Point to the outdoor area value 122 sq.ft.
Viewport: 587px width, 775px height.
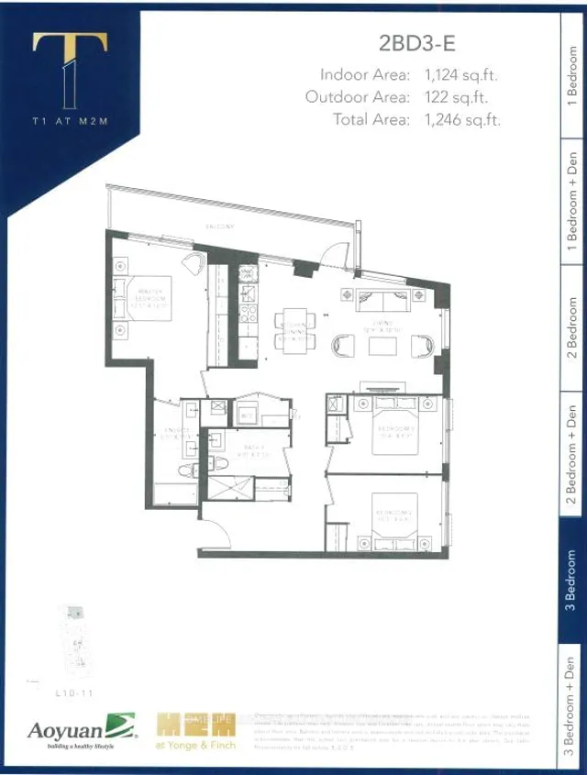456,96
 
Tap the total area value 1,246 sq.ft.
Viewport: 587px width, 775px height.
462,119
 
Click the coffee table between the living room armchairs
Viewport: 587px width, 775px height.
382,345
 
